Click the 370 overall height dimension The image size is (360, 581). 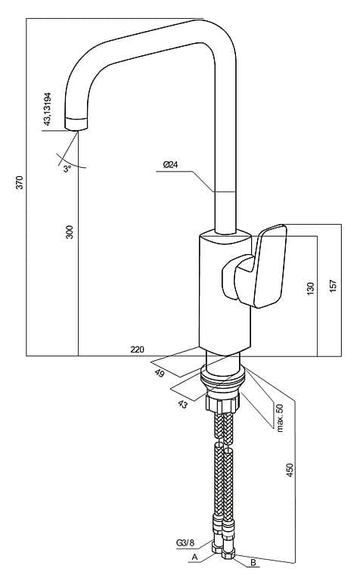pos(19,182)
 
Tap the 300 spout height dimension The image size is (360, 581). pos(70,231)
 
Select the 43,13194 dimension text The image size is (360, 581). pos(47,109)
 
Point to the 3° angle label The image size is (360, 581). pos(67,169)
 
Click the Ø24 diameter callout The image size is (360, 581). pos(170,164)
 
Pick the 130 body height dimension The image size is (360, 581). pos(310,289)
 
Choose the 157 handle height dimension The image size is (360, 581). pos(334,286)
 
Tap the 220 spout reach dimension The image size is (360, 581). pos(138,349)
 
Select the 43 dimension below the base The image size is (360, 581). pos(182,404)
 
